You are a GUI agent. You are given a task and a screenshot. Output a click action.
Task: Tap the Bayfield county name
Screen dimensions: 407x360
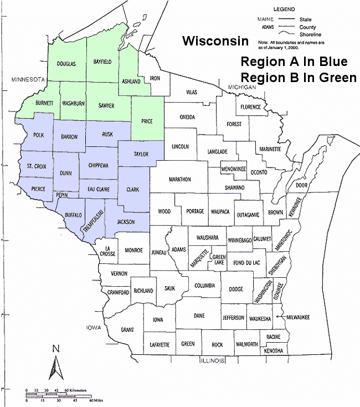tap(103, 63)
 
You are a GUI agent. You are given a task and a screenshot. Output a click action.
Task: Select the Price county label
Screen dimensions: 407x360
tap(147, 121)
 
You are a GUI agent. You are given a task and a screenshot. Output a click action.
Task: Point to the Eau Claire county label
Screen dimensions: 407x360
tap(98, 190)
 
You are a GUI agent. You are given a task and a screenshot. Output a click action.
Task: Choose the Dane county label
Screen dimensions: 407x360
tap(198, 316)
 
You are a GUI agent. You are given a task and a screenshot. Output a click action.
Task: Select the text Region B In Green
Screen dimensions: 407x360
tap(298, 78)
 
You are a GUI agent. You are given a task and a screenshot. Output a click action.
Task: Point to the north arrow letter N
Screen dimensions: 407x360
tap(55, 349)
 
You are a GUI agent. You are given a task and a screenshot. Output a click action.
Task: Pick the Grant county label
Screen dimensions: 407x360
tap(127, 330)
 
